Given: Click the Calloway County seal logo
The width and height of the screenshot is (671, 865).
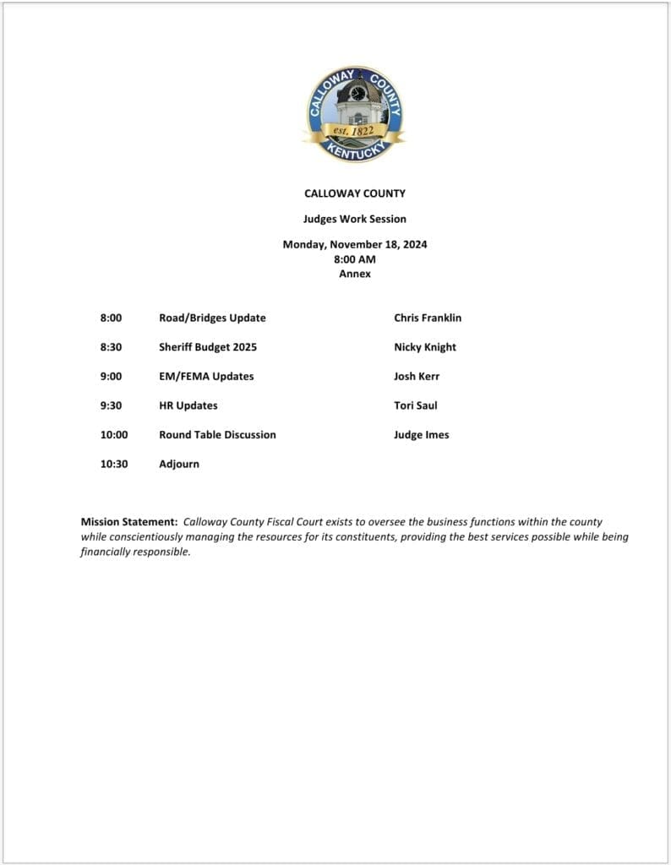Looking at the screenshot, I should (x=354, y=114).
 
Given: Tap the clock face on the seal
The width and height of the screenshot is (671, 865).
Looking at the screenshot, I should (x=358, y=93).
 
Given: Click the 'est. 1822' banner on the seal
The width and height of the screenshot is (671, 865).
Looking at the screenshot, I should (x=354, y=132).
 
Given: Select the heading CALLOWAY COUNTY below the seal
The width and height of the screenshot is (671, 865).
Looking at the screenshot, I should (x=355, y=193).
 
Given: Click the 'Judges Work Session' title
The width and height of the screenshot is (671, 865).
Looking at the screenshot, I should (x=355, y=219).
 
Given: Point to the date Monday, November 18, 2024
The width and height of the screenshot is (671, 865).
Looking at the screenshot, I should (x=355, y=245).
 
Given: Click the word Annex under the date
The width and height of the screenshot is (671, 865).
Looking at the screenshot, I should (x=355, y=274).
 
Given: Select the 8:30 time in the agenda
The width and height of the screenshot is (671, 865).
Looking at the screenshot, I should (x=112, y=347).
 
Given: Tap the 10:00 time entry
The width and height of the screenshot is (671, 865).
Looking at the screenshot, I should (x=114, y=435).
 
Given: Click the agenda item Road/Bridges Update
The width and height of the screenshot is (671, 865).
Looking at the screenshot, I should (x=212, y=318).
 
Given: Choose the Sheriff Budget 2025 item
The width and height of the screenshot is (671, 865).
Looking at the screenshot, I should (x=208, y=347).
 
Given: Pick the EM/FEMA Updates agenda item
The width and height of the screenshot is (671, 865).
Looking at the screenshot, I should (x=206, y=377).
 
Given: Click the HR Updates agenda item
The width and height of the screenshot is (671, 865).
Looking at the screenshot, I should (x=188, y=405).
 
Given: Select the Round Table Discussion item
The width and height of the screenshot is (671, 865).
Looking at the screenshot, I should (x=217, y=435).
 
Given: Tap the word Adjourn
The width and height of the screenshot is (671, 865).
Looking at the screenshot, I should (x=179, y=464).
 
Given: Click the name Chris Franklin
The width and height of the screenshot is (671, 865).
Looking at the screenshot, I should (x=428, y=318).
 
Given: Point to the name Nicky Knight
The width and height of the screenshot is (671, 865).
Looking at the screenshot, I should (x=425, y=347).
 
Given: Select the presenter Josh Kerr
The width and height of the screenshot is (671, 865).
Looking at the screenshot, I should (x=417, y=377).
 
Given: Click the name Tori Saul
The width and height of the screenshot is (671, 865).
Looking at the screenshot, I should (x=416, y=405).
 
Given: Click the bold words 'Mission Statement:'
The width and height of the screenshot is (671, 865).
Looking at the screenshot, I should (x=129, y=523).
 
